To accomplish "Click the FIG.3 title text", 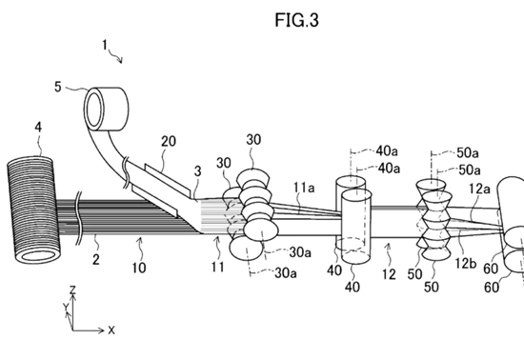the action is pos(296,20).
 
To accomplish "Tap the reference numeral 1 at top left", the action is pos(105,45).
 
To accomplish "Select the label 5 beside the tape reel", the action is pos(58,87).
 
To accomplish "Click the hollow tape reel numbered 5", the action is pos(106,110).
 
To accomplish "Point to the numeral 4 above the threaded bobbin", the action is pos(38,128).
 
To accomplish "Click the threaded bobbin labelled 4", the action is pos(33,210).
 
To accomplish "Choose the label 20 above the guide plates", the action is pos(169,141).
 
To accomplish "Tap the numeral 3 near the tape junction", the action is pos(198,171).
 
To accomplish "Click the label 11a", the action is pos(304,188).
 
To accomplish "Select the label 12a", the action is pos(479,189).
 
